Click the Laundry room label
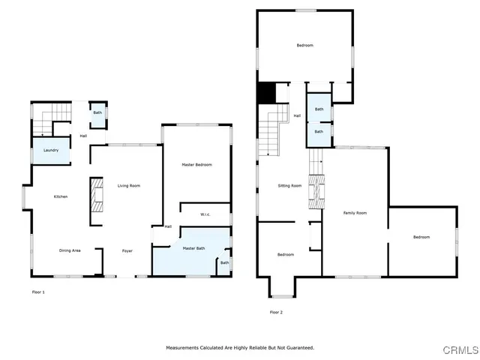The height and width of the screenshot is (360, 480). coord(51,151)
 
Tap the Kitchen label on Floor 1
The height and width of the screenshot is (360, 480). coord(61,196)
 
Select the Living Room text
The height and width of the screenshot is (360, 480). coord(128,186)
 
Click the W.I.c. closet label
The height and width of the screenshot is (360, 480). coord(205,215)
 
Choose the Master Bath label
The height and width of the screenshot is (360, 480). coord(194,248)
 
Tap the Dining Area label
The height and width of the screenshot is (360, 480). coord(70,250)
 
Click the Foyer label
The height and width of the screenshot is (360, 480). coord(128,250)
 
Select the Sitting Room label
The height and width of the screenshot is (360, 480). coord(289,185)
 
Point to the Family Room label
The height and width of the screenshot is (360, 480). coord(355,213)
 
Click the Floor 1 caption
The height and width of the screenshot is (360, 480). coord(38,291)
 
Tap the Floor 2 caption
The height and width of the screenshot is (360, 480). coord(276,312)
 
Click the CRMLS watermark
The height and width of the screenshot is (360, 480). coord(460,350)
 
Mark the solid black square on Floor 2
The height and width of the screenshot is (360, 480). coord(266,92)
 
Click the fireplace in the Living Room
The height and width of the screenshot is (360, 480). coord(97,200)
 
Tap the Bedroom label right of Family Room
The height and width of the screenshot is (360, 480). coord(421,237)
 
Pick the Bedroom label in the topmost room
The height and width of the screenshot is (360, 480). coord(304,46)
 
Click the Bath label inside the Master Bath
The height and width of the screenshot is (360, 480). coord(224,262)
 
